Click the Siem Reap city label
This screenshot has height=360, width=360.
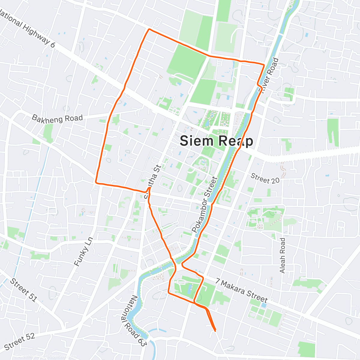pyautogui.click(x=216, y=141)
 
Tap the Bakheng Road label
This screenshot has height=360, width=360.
pyautogui.click(x=57, y=118)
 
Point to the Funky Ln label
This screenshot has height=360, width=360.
pyautogui.click(x=84, y=252)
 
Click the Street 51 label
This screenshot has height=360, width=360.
pyautogui.click(x=23, y=290)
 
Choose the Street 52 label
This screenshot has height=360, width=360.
pyautogui.click(x=20, y=342)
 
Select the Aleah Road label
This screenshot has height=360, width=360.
pyautogui.click(x=282, y=255)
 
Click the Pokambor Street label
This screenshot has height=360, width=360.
pyautogui.click(x=204, y=205)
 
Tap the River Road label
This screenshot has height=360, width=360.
pyautogui.click(x=269, y=75)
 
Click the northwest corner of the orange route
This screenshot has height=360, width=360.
pyautogui.click(x=149, y=29)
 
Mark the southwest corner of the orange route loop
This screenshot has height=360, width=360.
pyautogui.click(x=96, y=182)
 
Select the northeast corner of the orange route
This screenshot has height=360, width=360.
pyautogui.click(x=264, y=64)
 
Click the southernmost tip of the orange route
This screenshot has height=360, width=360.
pyautogui.click(x=215, y=331)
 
